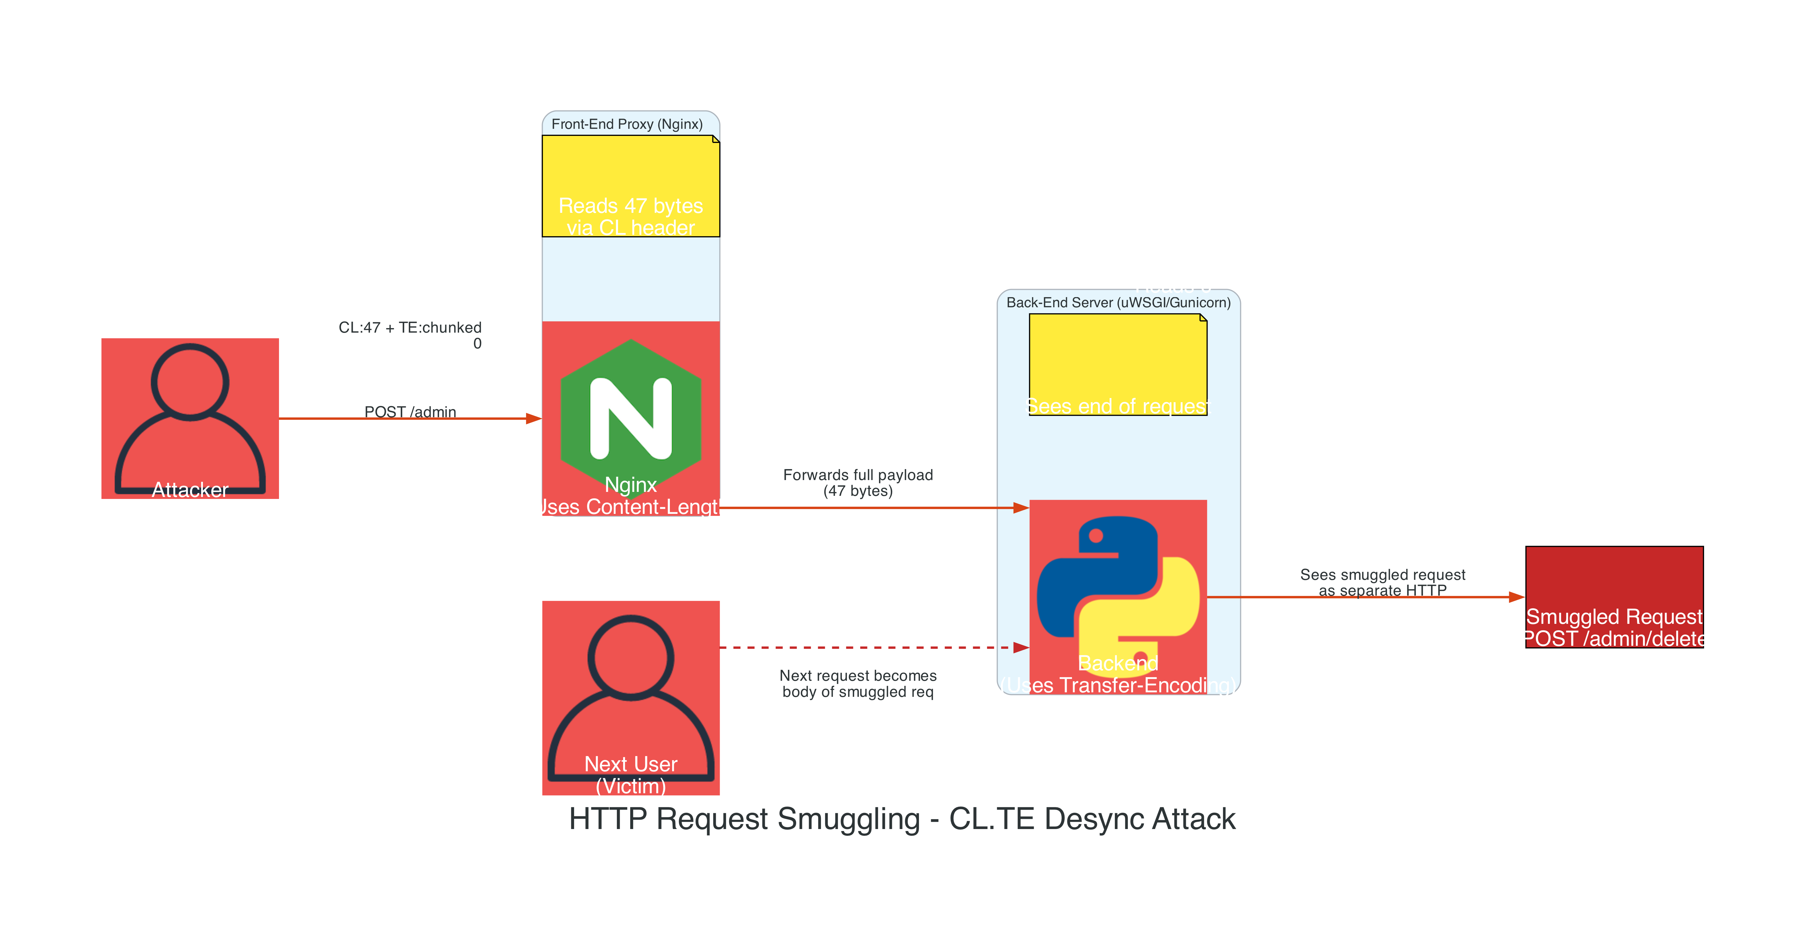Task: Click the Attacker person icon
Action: point(190,418)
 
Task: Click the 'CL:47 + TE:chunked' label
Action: point(410,327)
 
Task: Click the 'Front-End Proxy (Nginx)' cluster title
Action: point(627,124)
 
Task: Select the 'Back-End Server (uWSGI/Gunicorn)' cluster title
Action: point(1118,303)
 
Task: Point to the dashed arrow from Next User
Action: point(862,647)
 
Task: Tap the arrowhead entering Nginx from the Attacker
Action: point(534,418)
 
